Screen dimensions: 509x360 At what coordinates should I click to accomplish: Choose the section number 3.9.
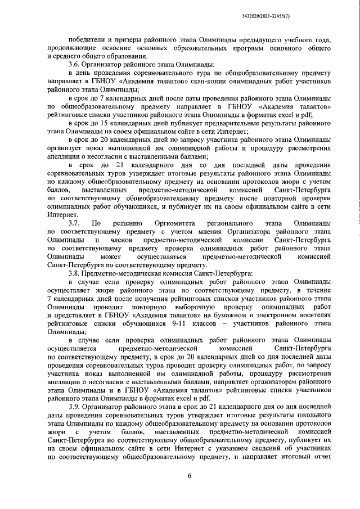75,406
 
